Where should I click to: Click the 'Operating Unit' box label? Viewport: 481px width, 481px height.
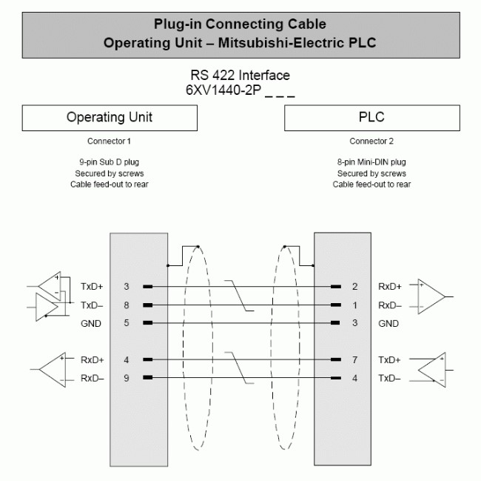(110, 117)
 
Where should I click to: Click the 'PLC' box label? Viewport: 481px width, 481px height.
(371, 117)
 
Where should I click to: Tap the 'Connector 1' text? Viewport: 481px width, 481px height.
(109, 142)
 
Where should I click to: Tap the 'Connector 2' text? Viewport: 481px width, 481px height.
(371, 142)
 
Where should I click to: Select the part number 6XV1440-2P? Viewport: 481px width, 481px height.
(223, 90)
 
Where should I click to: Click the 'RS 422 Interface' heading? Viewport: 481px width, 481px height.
(240, 76)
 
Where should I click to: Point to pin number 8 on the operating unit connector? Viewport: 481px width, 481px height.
(127, 305)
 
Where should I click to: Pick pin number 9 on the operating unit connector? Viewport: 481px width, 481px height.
(127, 378)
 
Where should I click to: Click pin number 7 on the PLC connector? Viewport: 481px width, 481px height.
(355, 359)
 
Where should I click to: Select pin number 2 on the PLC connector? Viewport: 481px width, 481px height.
(355, 287)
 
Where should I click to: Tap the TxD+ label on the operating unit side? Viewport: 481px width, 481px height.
(92, 287)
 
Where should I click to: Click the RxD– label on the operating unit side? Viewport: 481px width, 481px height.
(92, 378)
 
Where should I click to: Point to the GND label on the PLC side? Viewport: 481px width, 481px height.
(388, 323)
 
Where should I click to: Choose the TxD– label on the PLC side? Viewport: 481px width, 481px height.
(389, 378)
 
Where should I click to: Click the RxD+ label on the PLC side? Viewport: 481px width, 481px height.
(390, 287)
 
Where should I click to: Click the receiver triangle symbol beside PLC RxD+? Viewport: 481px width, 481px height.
(431, 296)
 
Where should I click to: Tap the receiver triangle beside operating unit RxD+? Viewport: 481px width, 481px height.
(53, 370)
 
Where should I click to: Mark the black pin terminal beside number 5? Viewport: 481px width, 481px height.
(148, 323)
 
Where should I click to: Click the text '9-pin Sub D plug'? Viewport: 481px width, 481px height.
(110, 162)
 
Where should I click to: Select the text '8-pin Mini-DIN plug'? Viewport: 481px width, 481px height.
(371, 162)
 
